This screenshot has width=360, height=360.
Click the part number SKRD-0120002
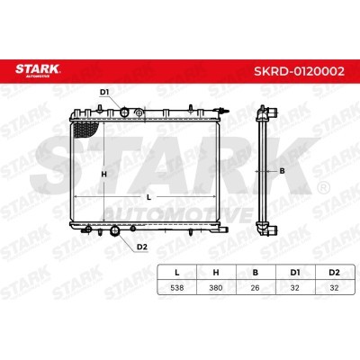(x=299, y=71)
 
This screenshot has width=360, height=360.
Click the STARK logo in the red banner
(x=38, y=69)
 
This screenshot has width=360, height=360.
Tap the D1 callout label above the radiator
(x=104, y=93)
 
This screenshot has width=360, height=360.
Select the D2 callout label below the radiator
(x=141, y=247)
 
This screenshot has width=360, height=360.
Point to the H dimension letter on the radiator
(x=103, y=174)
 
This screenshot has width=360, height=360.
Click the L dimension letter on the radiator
(x=148, y=197)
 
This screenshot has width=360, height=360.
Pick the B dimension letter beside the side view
(x=282, y=171)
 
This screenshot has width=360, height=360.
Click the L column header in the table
(x=177, y=273)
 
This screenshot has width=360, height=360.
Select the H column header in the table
(x=216, y=273)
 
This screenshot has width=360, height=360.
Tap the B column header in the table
(x=256, y=273)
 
